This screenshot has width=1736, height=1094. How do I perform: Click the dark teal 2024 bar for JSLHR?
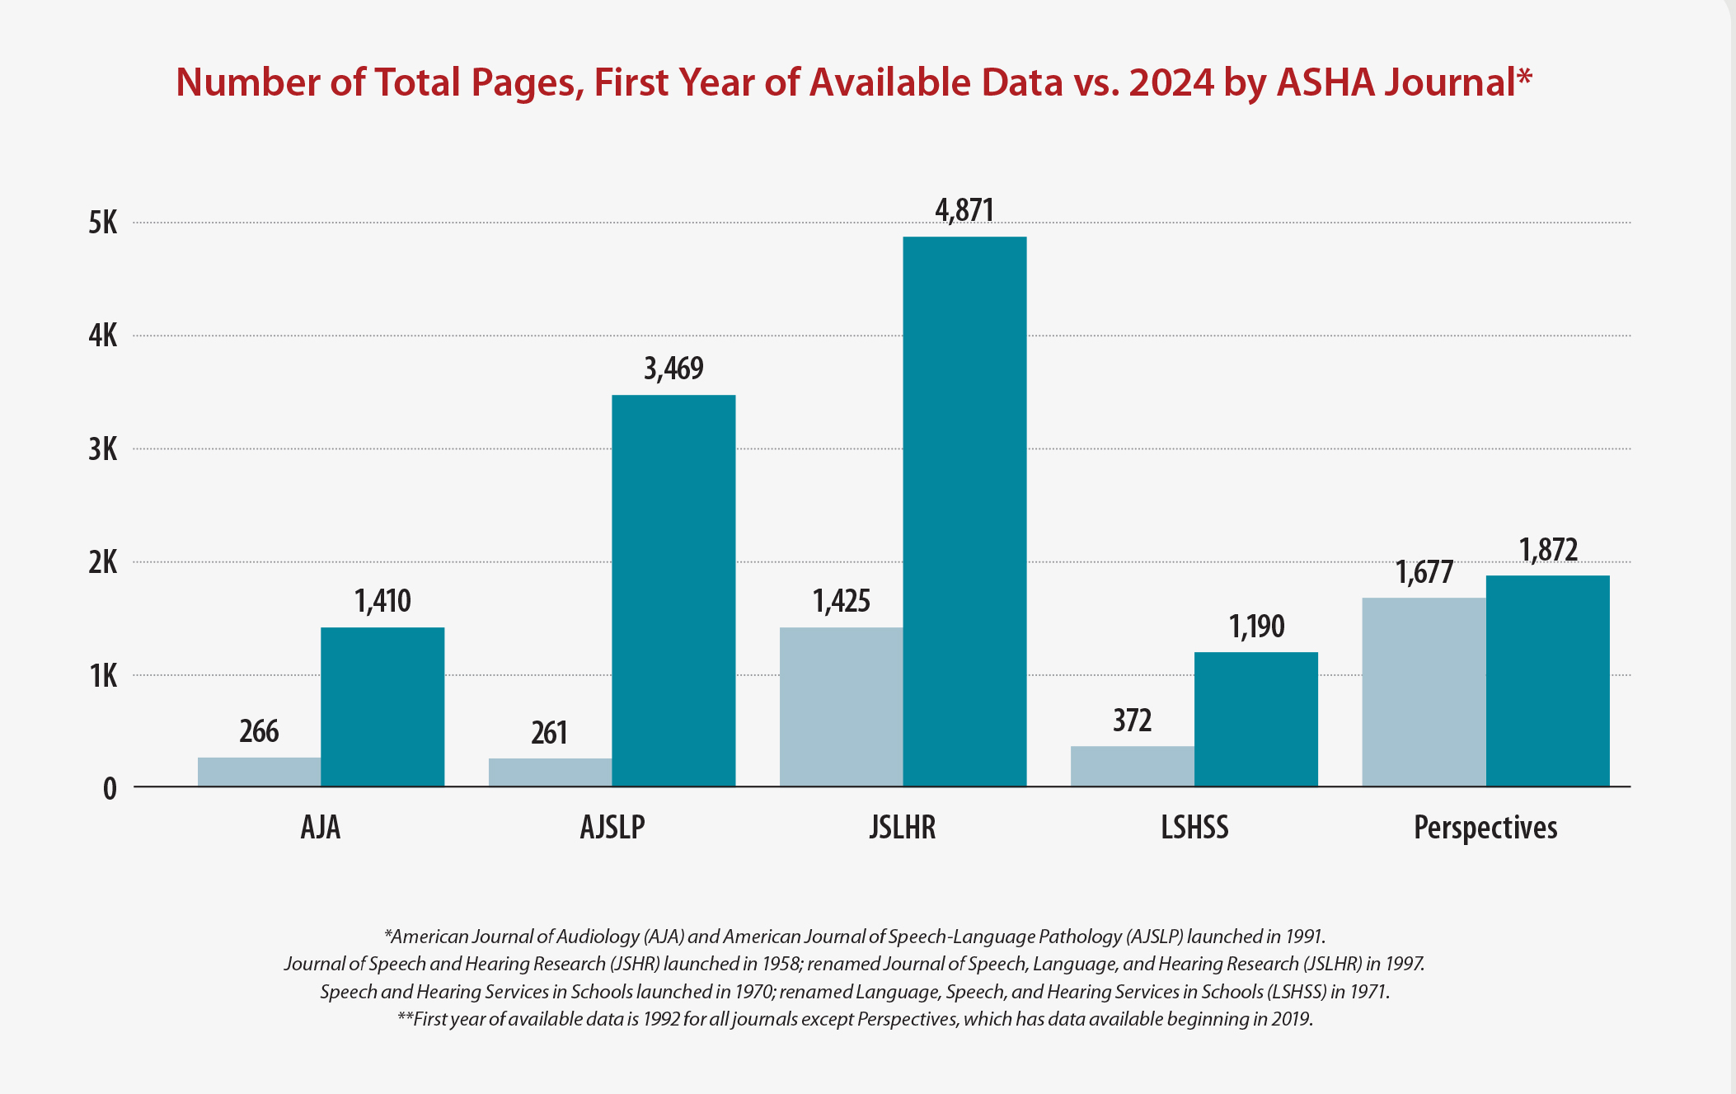pyautogui.click(x=964, y=511)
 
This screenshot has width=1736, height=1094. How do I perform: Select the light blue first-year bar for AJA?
pyautogui.click(x=259, y=772)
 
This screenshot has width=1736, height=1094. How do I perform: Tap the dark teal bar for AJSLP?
pyautogui.click(x=673, y=590)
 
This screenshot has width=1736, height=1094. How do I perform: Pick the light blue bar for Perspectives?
pyautogui.click(x=1424, y=692)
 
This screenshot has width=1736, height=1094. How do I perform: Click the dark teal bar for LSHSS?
pyautogui.click(x=1255, y=719)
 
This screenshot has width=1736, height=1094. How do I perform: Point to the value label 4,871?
pyautogui.click(x=964, y=210)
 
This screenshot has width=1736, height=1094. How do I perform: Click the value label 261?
pyautogui.click(x=549, y=732)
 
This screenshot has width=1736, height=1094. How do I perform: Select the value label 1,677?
pyautogui.click(x=1424, y=572)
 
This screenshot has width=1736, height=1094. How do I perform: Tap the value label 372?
pyautogui.click(x=1132, y=721)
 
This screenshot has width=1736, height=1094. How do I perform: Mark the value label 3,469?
pyautogui.click(x=673, y=369)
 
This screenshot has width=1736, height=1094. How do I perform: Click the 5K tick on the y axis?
pyautogui.click(x=103, y=223)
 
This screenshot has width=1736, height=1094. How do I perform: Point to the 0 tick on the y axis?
pyautogui.click(x=110, y=789)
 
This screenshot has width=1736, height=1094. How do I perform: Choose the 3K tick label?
pyautogui.click(x=103, y=449)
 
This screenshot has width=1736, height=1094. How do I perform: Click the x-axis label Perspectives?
pyautogui.click(x=1485, y=827)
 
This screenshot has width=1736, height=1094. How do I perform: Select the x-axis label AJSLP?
pyautogui.click(x=612, y=827)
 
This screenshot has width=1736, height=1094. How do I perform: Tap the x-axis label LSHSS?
pyautogui.click(x=1194, y=827)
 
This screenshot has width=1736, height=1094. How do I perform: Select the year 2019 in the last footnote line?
pyautogui.click(x=1290, y=1019)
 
